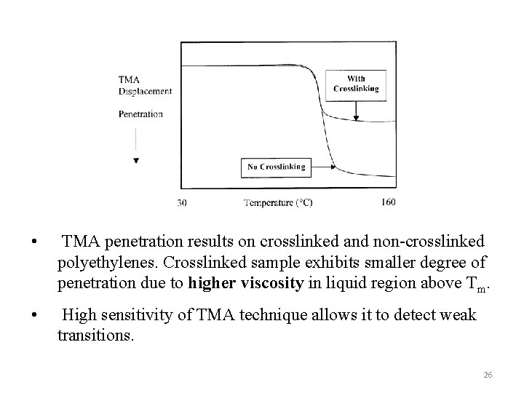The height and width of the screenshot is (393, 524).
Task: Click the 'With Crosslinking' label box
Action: [x=356, y=84]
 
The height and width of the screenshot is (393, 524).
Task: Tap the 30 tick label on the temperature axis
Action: [x=181, y=202]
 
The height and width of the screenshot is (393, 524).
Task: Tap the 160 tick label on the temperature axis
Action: [x=388, y=202]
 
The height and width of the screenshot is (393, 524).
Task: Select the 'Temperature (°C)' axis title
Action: [x=278, y=202]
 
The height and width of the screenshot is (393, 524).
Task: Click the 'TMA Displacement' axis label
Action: [x=145, y=85]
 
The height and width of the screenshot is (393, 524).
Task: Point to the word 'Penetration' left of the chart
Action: [x=140, y=114]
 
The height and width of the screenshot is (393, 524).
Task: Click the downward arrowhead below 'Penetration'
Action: [x=136, y=160]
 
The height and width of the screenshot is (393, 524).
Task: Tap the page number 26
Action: [x=488, y=374]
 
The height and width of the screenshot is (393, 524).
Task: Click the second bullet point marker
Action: [x=33, y=316]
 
